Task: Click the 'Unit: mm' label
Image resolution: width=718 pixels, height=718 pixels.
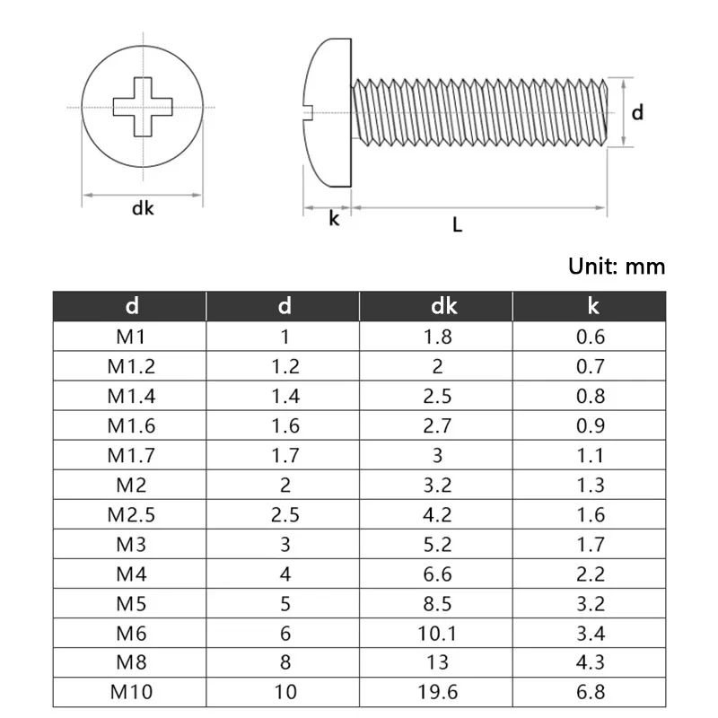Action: point(617,266)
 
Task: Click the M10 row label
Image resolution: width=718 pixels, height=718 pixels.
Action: point(131,692)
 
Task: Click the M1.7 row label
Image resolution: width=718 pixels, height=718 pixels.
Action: point(131,455)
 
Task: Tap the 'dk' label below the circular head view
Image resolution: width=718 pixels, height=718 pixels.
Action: point(143,209)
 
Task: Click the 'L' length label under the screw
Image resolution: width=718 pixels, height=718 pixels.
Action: point(457,225)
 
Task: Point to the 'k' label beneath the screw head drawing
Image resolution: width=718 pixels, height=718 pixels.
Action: point(334,218)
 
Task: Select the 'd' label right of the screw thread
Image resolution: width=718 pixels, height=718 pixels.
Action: point(637,112)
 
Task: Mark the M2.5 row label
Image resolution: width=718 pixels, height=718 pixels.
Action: point(131,514)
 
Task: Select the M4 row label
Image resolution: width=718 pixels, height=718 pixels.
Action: point(131,574)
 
